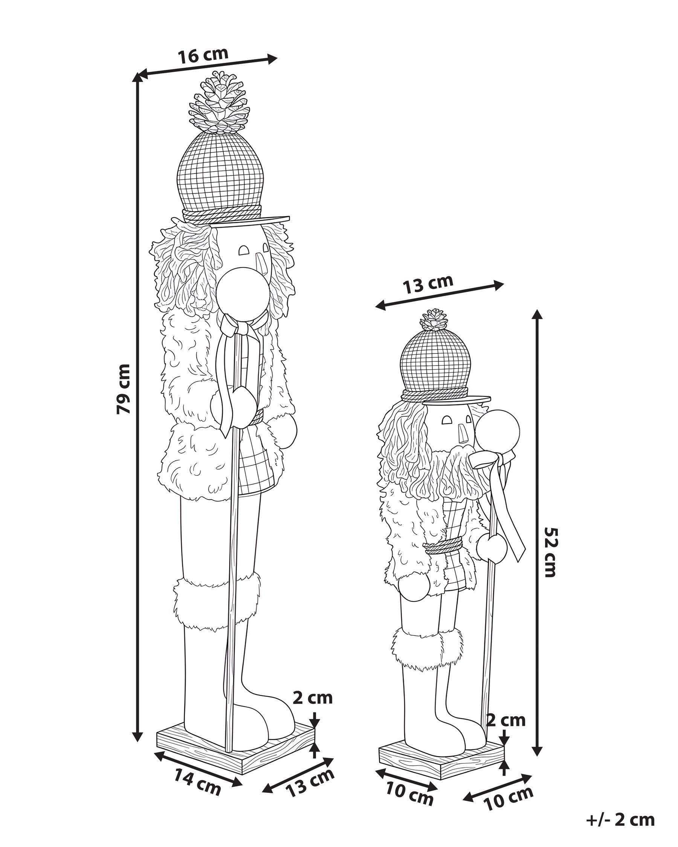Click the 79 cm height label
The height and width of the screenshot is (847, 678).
pos(124,388)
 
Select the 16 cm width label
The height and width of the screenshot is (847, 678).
pos(203,55)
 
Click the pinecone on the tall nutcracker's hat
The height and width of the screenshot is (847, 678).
pos(219,103)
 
